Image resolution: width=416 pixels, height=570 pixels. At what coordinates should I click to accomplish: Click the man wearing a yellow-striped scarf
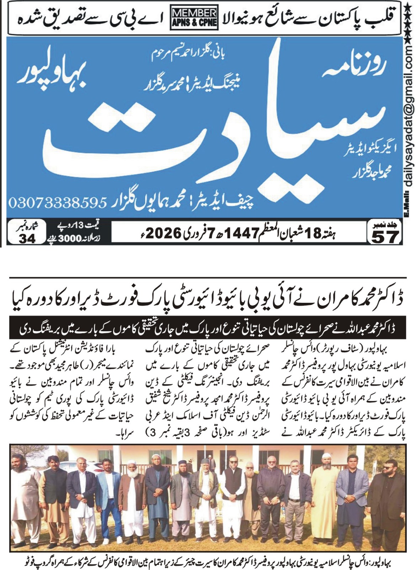[x=206, y=495]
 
